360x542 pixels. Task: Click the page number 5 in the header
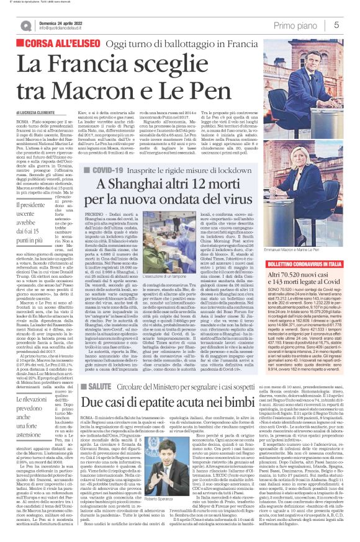(x=336, y=25)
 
